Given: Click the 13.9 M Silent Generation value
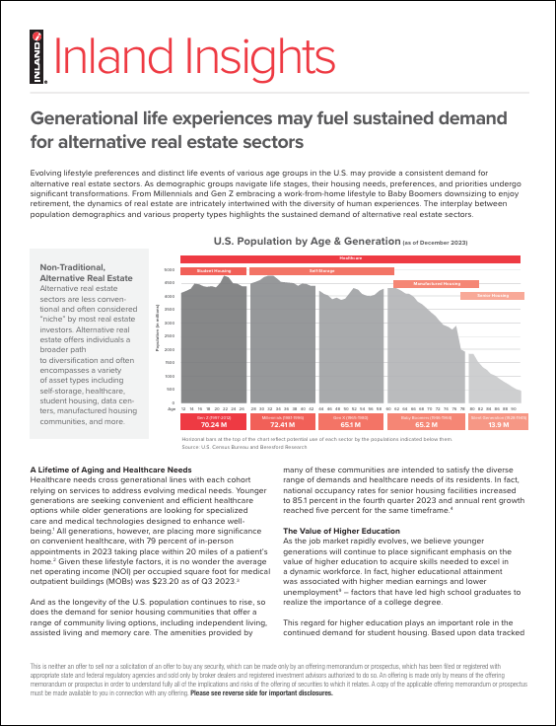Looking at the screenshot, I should pos(499,425).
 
